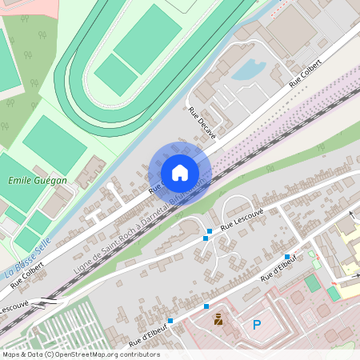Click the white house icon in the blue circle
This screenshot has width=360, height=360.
(x=180, y=173)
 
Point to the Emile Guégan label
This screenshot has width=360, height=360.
(x=38, y=181)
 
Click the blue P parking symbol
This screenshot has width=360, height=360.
(x=257, y=325)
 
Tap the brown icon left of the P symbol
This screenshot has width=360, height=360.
(x=218, y=320)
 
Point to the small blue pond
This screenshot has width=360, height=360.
(x=249, y=70)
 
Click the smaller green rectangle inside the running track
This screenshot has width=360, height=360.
(x=117, y=74)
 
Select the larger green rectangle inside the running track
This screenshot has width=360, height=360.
(x=148, y=40)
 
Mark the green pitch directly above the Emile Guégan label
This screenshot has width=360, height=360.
(x=54, y=145)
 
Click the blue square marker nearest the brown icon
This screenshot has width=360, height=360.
(x=206, y=306)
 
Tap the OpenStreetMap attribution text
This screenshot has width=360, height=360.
(x=81, y=354)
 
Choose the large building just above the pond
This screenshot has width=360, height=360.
(x=291, y=27)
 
